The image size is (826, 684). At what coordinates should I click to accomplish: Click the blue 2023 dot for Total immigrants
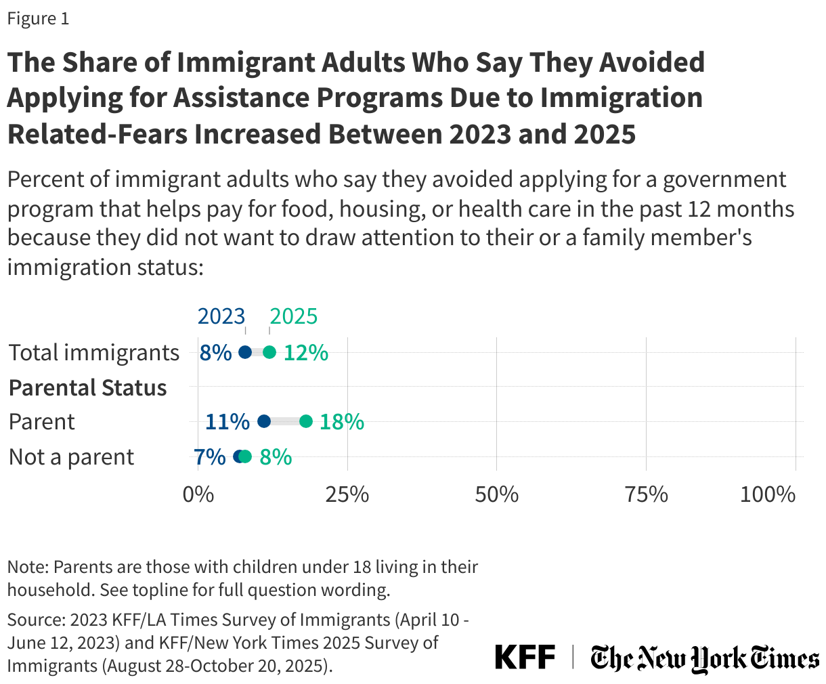tap(245, 352)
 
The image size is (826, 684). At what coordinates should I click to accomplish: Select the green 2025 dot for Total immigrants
tap(269, 352)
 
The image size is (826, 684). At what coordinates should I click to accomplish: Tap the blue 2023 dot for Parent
tap(264, 421)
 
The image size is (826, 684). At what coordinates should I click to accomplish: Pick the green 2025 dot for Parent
tap(306, 421)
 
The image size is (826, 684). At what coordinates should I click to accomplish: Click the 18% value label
tap(342, 421)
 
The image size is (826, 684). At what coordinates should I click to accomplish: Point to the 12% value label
tap(306, 352)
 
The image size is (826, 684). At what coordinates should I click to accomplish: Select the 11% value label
tap(227, 421)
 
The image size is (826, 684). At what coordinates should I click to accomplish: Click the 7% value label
tap(210, 456)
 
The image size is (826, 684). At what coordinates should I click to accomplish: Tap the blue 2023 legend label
tap(221, 316)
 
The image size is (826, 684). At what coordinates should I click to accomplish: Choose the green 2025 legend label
tap(293, 316)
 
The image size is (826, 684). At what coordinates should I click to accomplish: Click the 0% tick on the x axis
tap(198, 494)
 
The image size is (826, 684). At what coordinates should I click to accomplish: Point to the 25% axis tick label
tap(347, 494)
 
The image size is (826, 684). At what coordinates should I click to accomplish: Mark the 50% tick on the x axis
tap(497, 494)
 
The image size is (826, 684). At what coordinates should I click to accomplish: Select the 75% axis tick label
tap(647, 494)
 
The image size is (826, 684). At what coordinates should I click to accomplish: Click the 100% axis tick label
tap(768, 494)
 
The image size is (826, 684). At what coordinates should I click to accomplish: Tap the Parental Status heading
tap(88, 388)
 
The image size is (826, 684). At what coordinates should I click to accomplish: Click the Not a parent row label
tap(72, 457)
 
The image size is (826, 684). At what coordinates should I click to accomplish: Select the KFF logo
tap(525, 658)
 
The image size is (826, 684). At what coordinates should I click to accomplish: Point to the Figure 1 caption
tap(38, 18)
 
